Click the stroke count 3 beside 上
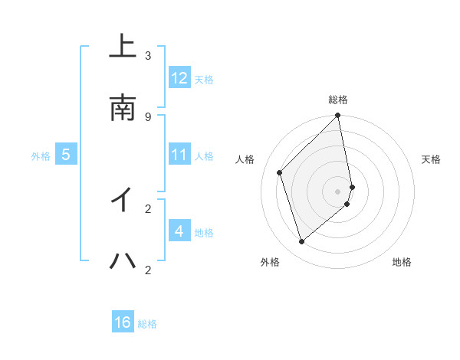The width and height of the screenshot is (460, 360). click(x=148, y=55)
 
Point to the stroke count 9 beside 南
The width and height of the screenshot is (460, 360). click(x=148, y=116)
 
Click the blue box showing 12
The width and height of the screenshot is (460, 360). click(x=179, y=78)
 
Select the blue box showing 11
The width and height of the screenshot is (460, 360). click(x=179, y=155)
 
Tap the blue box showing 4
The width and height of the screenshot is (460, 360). click(x=179, y=231)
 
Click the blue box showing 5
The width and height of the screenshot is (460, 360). click(x=66, y=155)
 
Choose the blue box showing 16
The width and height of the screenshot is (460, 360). click(x=123, y=322)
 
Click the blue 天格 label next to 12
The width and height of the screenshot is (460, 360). click(x=204, y=80)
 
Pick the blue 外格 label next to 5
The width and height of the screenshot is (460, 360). click(x=41, y=156)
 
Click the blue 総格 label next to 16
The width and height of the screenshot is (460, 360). click(x=147, y=324)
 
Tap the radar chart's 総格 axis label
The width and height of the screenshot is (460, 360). click(x=338, y=100)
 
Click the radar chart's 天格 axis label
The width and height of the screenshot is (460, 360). click(x=432, y=159)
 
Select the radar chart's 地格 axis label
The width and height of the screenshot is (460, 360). click(x=402, y=262)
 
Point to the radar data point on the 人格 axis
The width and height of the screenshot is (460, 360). click(x=280, y=172)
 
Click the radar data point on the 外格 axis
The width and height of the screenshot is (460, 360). click(x=302, y=242)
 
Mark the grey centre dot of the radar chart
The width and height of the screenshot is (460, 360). click(x=338, y=191)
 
